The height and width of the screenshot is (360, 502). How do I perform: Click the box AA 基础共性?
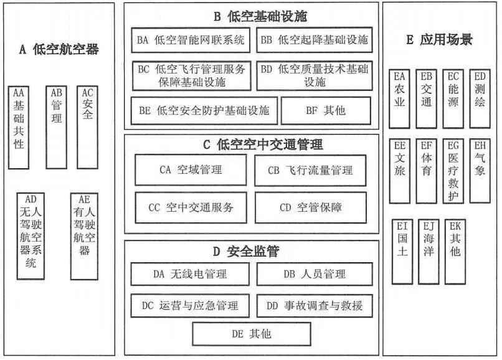coord(19,127)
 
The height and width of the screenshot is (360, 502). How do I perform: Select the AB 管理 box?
coord(57,127)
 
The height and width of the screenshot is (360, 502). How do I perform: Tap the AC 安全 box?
coord(87,127)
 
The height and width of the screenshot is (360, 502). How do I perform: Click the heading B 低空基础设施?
coord(251,15)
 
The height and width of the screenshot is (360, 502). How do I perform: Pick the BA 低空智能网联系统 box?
coord(191,41)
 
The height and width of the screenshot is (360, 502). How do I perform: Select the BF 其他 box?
coord(326,111)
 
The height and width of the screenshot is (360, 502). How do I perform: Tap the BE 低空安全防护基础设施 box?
coord(204,111)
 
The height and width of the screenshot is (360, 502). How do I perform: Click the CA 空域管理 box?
coord(191,169)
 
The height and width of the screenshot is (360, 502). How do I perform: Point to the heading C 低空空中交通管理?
coord(251,145)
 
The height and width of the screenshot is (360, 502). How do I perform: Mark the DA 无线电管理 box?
coord(190,274)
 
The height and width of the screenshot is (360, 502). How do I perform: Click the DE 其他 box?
coord(252,334)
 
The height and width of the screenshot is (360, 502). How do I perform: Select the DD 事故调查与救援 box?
coord(315,306)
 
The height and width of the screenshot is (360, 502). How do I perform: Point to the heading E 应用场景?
coord(439,40)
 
